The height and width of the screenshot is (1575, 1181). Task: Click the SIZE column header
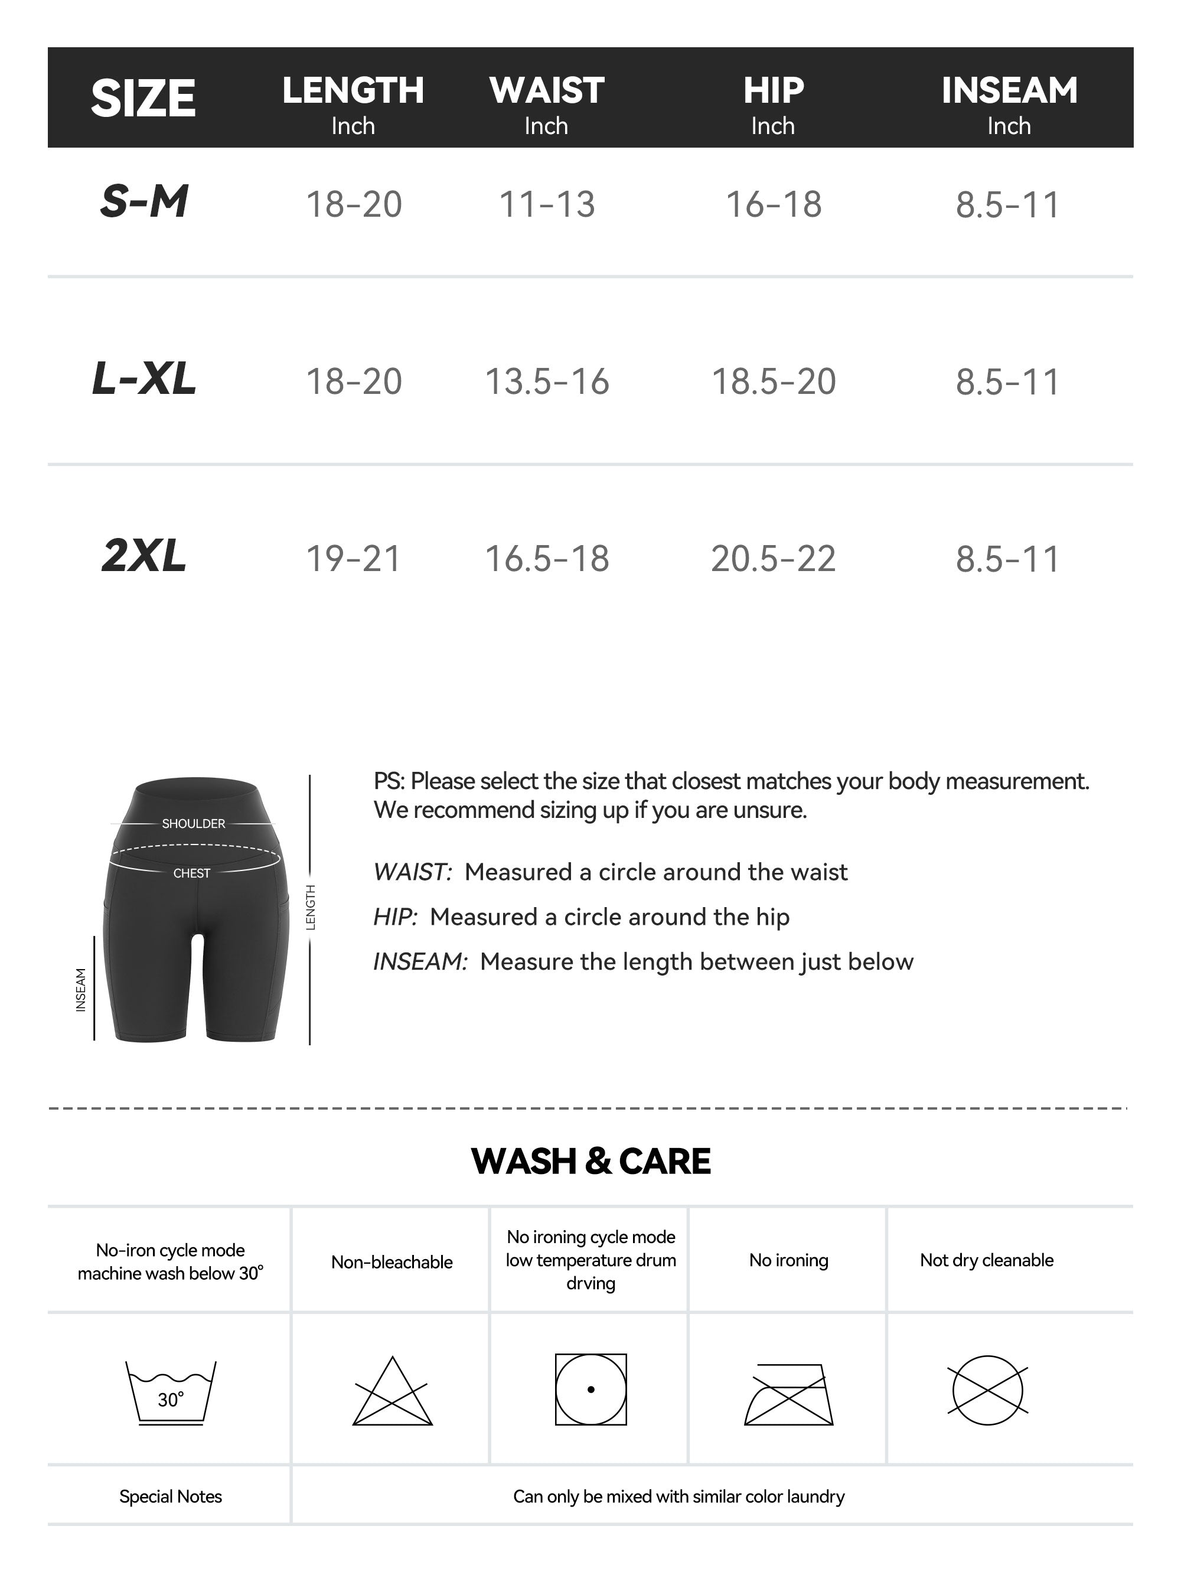click(143, 98)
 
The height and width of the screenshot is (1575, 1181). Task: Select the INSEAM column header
click(1009, 91)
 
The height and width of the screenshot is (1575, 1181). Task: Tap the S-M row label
click(144, 201)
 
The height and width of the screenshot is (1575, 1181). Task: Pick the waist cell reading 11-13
click(547, 204)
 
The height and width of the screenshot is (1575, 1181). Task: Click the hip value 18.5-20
click(773, 381)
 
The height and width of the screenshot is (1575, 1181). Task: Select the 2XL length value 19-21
click(353, 558)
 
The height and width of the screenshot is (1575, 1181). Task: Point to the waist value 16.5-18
click(547, 558)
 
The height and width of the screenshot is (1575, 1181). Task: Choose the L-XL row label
click(144, 379)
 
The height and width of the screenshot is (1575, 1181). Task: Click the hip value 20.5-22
click(773, 558)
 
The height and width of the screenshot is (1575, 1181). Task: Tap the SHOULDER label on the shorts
click(193, 824)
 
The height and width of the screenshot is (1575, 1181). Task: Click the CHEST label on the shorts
click(191, 873)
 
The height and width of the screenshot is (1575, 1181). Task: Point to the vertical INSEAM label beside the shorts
click(81, 990)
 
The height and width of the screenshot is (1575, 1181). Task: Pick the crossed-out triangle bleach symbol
click(392, 1394)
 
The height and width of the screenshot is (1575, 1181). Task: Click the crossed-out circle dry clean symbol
click(987, 1391)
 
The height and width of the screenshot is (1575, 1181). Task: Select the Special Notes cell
click(170, 1496)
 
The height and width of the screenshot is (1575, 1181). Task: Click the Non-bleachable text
click(392, 1263)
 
